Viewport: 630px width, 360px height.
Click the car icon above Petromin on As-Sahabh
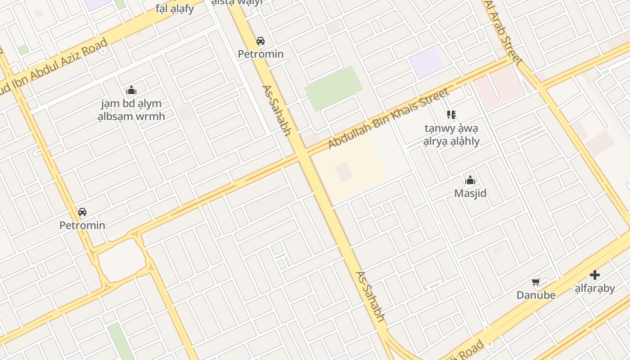click(260, 41)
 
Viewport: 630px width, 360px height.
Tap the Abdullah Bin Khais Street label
click(389, 119)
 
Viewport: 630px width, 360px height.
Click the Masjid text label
click(470, 193)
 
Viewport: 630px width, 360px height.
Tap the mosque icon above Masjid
click(470, 180)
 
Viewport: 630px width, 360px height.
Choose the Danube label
click(535, 295)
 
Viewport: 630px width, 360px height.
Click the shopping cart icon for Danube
click(535, 282)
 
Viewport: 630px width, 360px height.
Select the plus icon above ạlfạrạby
click(595, 274)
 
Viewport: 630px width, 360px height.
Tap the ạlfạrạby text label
click(595, 288)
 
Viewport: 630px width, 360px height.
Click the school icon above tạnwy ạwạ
click(451, 115)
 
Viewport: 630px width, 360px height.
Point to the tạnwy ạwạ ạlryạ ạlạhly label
click(451, 135)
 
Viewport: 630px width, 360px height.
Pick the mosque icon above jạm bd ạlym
click(131, 90)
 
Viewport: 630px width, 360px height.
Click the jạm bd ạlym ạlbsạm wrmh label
click(131, 110)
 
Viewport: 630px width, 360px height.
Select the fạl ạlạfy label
click(175, 8)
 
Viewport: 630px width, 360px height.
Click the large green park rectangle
click(333, 88)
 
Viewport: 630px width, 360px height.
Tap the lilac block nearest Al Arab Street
click(426, 62)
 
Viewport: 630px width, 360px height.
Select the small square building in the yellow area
click(344, 172)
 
